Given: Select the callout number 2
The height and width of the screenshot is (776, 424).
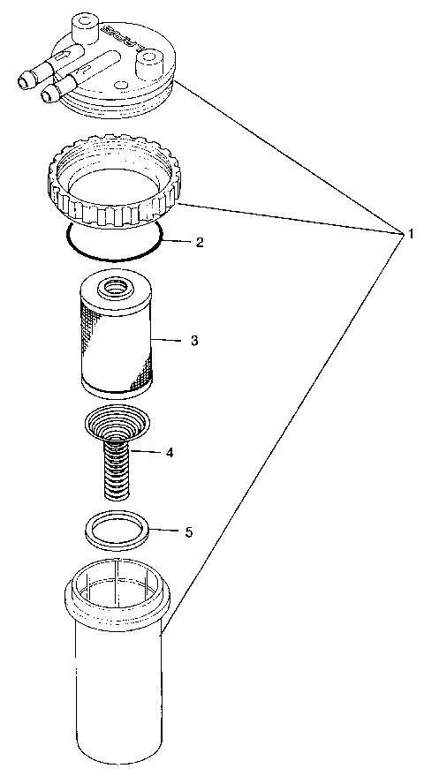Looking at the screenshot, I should pos(200,241).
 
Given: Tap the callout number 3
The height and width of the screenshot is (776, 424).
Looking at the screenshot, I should pos(193,340).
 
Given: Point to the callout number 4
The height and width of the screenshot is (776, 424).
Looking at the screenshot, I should pos(168,452).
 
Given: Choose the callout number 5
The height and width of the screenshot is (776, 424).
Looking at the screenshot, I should pos(187,531).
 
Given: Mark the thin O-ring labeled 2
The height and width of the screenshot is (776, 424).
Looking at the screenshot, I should pos(113,257).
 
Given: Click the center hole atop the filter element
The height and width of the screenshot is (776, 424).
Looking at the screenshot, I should pos(114,287).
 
